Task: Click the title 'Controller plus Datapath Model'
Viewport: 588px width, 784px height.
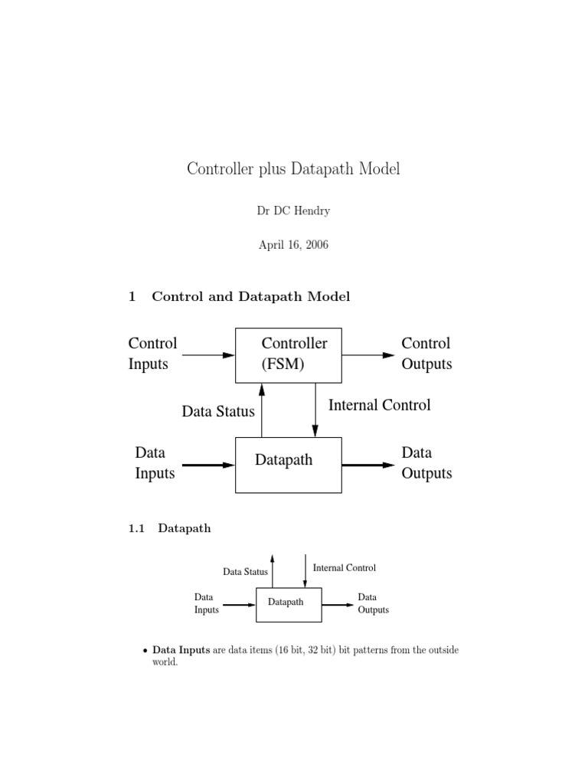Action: click(x=293, y=169)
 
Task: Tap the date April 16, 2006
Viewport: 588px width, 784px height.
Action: click(x=294, y=247)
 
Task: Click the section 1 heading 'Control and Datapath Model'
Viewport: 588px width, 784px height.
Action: click(x=250, y=297)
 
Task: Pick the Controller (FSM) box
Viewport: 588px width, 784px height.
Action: click(x=288, y=354)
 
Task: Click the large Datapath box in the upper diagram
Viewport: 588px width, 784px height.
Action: click(x=288, y=464)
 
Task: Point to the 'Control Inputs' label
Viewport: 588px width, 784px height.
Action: click(x=152, y=354)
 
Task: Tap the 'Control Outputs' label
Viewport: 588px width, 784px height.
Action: click(x=426, y=354)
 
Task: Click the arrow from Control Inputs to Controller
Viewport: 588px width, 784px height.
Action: click(x=208, y=354)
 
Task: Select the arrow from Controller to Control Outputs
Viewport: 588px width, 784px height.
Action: click(x=368, y=354)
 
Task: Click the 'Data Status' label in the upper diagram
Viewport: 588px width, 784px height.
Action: click(x=218, y=412)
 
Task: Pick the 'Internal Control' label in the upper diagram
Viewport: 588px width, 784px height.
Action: click(x=380, y=405)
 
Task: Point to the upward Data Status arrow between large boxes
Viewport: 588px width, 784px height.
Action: click(x=262, y=410)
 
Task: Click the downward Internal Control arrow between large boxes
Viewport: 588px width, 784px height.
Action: click(x=315, y=410)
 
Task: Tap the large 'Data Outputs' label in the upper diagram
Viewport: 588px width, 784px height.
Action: click(x=426, y=463)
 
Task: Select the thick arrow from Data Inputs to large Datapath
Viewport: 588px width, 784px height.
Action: click(x=208, y=465)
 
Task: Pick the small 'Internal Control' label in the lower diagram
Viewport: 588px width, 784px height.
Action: click(x=345, y=568)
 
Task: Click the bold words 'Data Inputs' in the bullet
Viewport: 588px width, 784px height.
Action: click(x=181, y=650)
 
